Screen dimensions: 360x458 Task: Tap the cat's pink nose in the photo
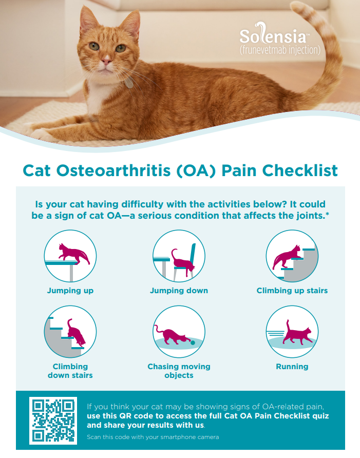[x=106, y=61]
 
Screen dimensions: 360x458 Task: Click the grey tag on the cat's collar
[x=128, y=83]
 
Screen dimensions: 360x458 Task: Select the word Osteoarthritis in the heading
[x=113, y=170]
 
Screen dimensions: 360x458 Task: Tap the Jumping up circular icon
[x=70, y=256]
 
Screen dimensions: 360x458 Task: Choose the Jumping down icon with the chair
[x=179, y=256]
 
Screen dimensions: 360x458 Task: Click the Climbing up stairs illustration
[x=292, y=256]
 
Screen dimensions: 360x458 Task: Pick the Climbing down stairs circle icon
[x=70, y=332]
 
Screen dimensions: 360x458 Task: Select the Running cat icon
[x=292, y=332]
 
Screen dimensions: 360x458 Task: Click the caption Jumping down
[x=179, y=291]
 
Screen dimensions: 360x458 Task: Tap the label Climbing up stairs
[x=292, y=291]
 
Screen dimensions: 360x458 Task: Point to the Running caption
[x=292, y=367]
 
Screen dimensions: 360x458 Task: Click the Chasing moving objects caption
[x=179, y=371]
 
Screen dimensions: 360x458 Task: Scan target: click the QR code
[x=53, y=421]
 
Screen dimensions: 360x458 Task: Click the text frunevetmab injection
[x=280, y=50]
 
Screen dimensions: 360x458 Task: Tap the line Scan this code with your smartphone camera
[x=153, y=437]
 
